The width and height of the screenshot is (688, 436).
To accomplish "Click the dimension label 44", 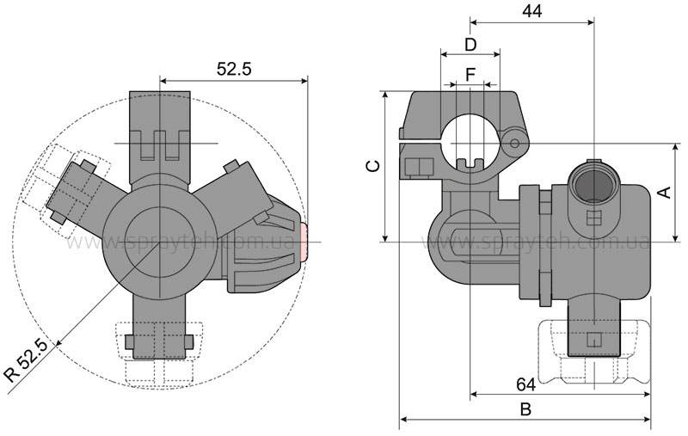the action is coord(531,11).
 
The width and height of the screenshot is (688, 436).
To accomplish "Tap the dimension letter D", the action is coord(470,45).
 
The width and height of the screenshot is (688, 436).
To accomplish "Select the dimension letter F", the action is coord(470,75).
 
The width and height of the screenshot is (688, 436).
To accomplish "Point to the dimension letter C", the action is coord(373,166).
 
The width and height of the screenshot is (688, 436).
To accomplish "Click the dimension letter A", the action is coord(665,192).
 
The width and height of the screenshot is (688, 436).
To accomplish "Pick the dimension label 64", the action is coord(525,384).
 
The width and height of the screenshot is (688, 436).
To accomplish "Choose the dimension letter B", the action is coord(525,409).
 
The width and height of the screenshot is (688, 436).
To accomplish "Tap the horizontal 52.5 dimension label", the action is coord(234,69).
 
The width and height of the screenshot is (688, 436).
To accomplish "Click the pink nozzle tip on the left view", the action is coord(304,242).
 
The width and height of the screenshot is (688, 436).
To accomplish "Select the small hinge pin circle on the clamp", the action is coord(514,144).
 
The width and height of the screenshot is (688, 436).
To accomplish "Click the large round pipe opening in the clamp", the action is coord(470,143).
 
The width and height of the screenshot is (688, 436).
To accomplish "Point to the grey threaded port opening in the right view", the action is coord(593,183).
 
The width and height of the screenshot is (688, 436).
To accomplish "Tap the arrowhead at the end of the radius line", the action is coord(59,343).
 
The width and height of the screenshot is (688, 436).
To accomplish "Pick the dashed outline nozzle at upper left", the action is coord(66,191).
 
